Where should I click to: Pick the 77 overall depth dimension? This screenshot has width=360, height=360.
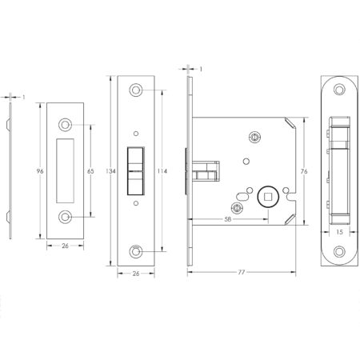pos(241,272)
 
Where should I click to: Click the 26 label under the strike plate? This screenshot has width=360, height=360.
pos(65,246)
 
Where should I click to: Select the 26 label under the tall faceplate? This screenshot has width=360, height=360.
pos(138,272)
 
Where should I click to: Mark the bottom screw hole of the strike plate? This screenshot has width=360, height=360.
pos(65,216)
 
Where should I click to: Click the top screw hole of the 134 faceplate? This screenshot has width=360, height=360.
pos(138,89)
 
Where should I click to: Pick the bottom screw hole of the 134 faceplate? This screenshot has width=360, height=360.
pos(138,252)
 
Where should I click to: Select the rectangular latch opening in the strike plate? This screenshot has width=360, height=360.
pos(65,170)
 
